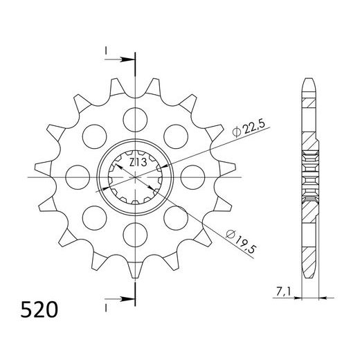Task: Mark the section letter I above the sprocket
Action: [x=105, y=52]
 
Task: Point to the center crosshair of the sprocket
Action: [x=135, y=178]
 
